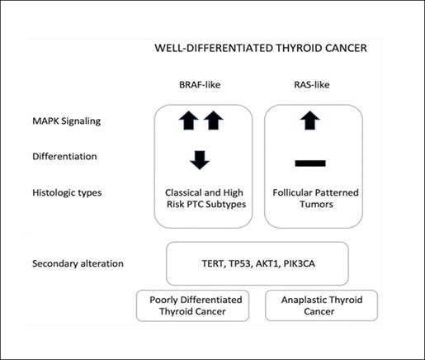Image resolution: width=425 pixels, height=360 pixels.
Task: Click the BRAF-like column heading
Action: pos(200,84)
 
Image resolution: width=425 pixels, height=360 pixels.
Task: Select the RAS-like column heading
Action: pos(312,84)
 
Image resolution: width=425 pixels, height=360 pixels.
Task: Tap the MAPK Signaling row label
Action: pos(67,121)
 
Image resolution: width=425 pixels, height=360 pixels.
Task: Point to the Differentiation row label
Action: pos(64,156)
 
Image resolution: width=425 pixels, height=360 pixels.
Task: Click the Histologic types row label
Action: pos(67,192)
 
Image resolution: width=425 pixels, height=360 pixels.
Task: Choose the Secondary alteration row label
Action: pos(78,263)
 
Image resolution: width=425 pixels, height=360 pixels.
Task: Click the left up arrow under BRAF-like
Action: pos(189,121)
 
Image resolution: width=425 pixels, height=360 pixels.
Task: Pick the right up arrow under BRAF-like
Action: pos(214,121)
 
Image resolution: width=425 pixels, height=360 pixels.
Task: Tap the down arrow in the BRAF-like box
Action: pos(200,160)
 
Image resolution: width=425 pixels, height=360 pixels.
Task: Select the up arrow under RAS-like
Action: pos(310,121)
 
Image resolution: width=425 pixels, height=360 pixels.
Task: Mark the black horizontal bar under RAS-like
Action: pos(310,163)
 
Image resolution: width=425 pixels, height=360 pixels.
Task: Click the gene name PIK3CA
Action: pos(300,263)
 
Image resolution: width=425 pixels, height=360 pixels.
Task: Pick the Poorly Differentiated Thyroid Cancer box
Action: pos(192,306)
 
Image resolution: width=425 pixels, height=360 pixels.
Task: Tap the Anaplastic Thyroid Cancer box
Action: pos(321,306)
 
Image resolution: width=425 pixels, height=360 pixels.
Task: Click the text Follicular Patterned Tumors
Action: pos(316,198)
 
